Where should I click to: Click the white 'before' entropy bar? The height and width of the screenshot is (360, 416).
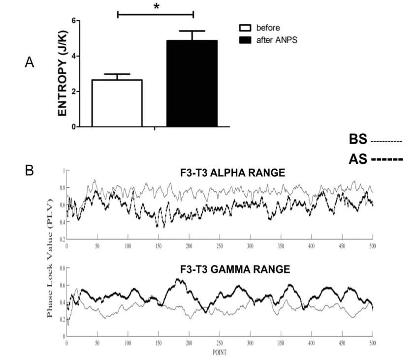point(117,103)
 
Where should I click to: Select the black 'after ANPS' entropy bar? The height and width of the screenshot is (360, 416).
point(192,84)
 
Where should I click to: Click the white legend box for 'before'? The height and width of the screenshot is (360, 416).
point(242,28)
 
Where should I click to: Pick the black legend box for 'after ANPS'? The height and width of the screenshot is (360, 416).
point(242,39)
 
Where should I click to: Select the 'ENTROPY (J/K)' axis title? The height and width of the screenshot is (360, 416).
point(63,74)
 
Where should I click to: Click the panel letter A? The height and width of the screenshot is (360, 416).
point(29,62)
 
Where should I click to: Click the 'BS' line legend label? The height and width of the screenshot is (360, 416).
point(358,140)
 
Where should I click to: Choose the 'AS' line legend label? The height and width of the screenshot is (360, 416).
point(358,159)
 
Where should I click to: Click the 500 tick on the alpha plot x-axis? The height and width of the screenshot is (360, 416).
point(372,244)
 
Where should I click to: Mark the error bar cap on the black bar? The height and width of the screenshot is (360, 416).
point(192,31)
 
